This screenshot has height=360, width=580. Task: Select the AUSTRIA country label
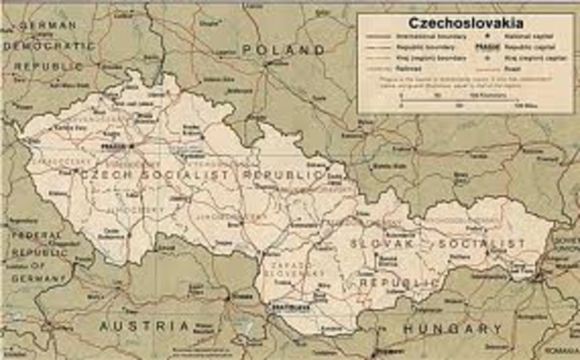[145, 325]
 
